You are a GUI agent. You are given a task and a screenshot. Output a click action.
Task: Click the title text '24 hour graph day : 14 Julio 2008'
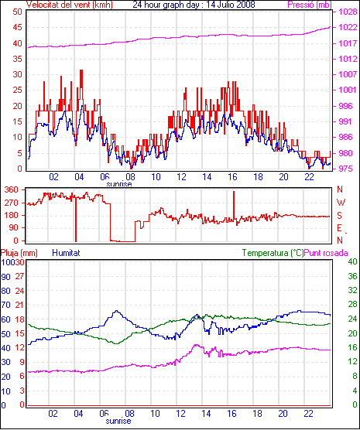(x=194, y=5)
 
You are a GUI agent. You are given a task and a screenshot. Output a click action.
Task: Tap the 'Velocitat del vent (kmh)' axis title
(x=70, y=5)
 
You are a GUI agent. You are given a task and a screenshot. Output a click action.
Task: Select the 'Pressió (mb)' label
(x=310, y=5)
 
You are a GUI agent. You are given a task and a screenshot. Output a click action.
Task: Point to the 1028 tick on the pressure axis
(x=348, y=12)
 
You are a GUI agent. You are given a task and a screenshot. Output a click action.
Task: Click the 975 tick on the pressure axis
(x=346, y=169)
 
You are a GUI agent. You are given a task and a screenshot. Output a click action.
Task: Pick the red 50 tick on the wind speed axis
(x=17, y=12)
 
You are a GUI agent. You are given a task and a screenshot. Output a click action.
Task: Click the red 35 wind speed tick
(x=17, y=59)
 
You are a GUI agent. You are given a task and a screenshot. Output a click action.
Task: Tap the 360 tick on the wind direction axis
(x=12, y=189)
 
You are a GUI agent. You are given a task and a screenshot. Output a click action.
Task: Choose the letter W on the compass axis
(x=341, y=203)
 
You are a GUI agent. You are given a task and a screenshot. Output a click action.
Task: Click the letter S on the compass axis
(x=340, y=216)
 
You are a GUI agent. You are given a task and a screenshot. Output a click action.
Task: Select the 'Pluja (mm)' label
(x=19, y=253)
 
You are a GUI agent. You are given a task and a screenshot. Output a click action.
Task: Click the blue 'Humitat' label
(x=66, y=253)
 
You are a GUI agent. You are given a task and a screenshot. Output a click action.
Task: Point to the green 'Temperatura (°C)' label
(x=273, y=253)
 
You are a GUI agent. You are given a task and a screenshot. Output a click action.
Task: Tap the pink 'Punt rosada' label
(x=326, y=253)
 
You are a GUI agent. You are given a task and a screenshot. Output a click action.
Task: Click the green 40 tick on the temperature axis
(x=352, y=261)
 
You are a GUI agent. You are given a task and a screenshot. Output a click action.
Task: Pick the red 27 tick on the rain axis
(x=19, y=276)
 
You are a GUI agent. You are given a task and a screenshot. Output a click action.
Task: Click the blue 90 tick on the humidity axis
(x=5, y=277)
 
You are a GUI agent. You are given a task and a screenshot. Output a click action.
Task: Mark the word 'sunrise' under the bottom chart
(x=118, y=421)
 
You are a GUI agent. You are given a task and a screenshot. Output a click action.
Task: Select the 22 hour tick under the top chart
(x=309, y=177)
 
